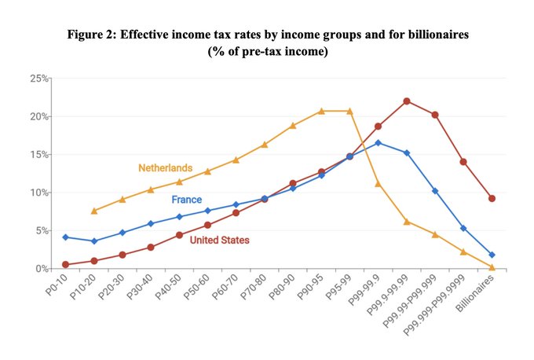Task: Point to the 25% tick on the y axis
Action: [39, 79]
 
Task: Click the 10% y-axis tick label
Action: [39, 193]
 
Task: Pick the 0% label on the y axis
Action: [42, 269]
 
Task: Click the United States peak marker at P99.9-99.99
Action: [407, 101]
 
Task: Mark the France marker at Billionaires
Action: [492, 255]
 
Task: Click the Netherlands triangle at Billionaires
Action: [492, 267]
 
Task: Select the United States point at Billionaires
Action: [492, 198]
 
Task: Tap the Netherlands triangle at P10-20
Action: [94, 211]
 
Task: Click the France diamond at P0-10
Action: [66, 237]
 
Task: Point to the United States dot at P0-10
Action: [66, 264]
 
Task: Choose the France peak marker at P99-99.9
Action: [379, 143]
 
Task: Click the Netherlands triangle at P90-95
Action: [321, 111]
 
